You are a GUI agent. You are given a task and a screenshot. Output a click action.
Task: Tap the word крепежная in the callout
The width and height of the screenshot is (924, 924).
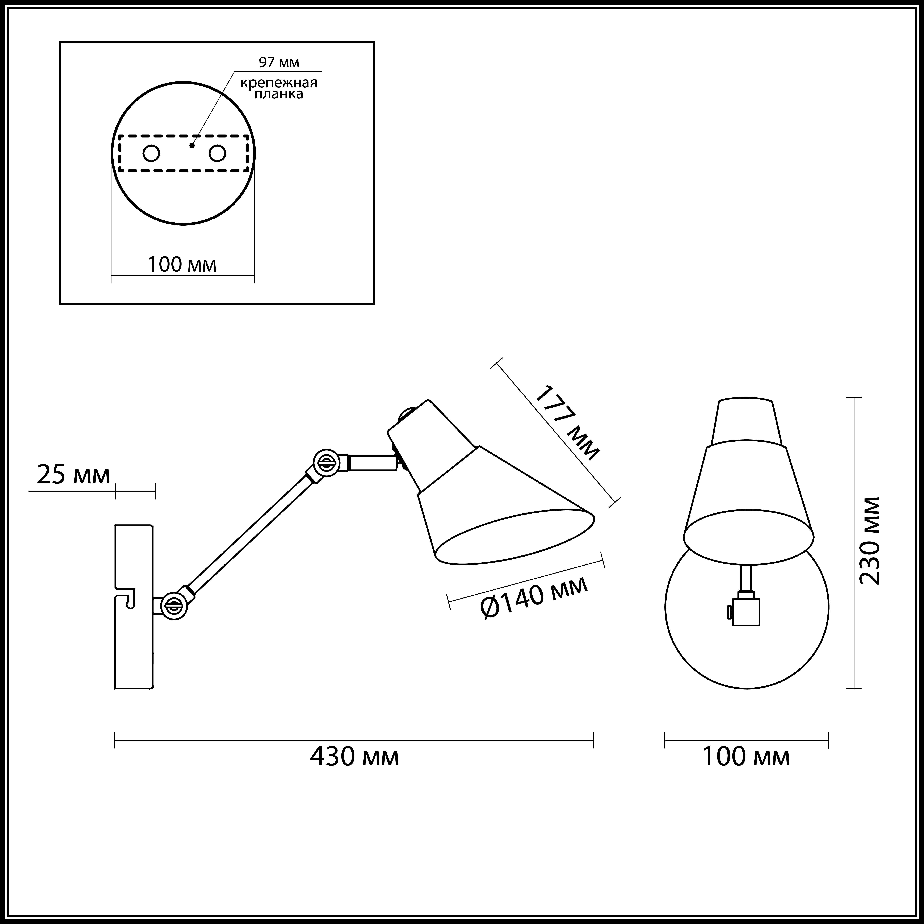pyautogui.click(x=279, y=83)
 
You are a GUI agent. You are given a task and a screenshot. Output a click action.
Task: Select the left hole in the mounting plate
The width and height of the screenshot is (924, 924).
pyautogui.click(x=151, y=154)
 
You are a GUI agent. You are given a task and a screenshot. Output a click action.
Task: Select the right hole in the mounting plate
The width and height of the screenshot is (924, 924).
pyautogui.click(x=217, y=154)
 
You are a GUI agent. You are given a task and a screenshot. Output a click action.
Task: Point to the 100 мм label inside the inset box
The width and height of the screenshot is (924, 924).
pyautogui.click(x=182, y=264)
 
